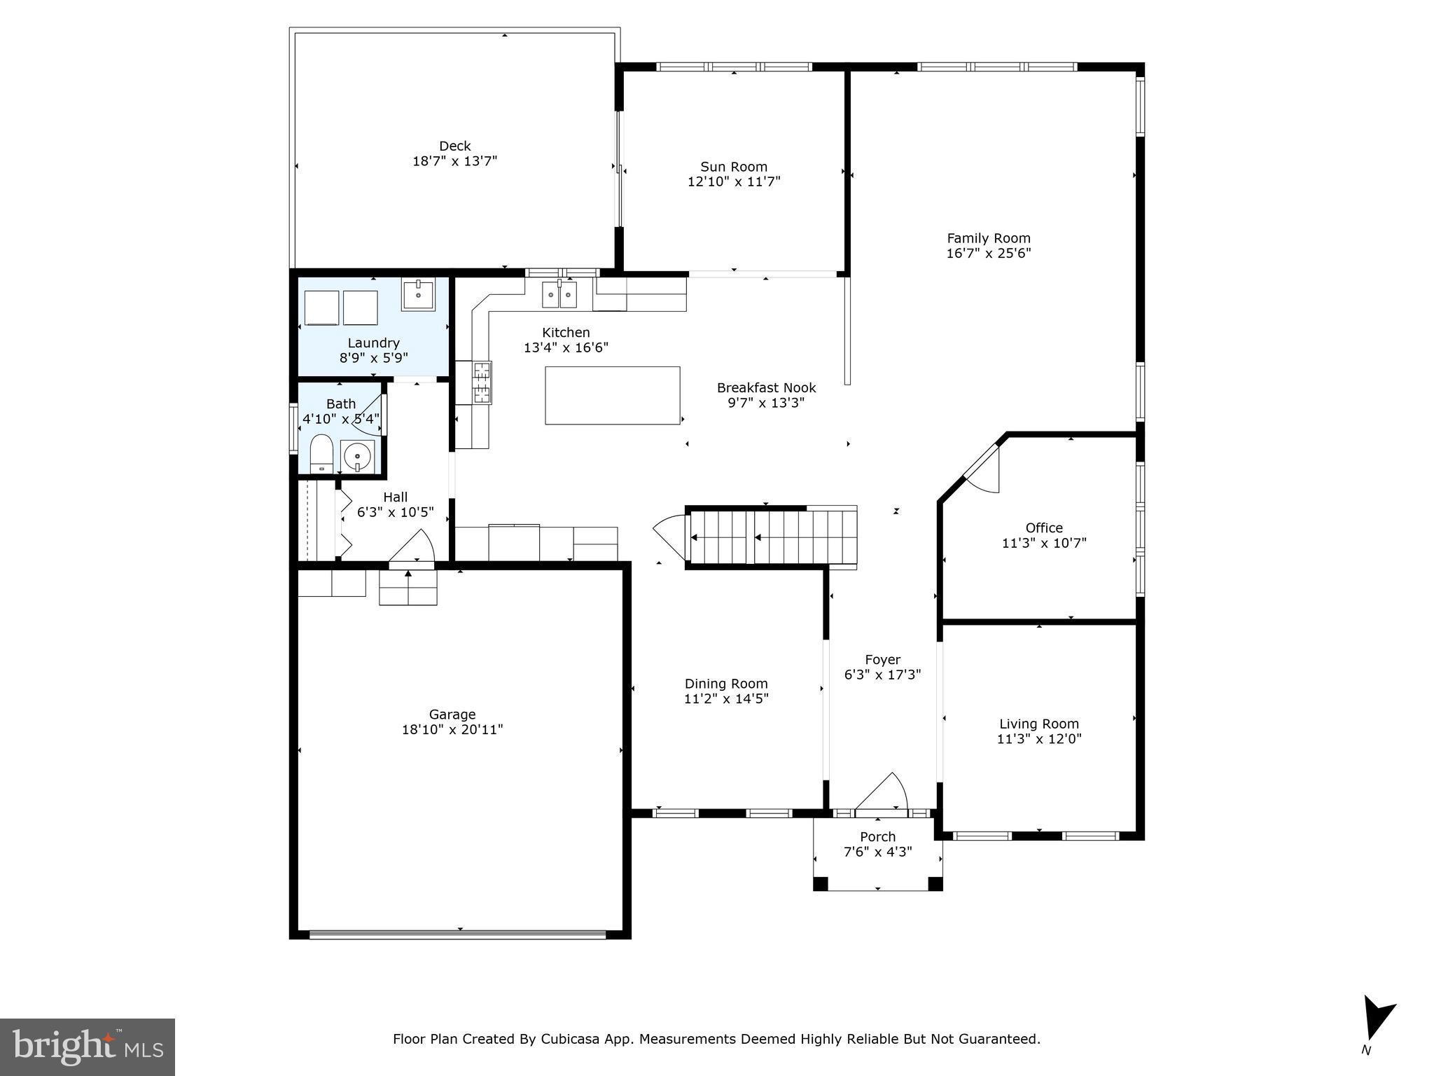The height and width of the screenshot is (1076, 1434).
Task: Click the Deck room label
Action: tap(454, 146)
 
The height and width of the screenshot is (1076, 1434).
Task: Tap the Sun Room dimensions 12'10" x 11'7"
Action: tap(734, 182)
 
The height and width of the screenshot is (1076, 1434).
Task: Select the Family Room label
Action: tap(989, 238)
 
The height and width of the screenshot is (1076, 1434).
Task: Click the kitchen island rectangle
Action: tap(613, 395)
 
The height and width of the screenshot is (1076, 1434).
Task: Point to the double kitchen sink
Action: tap(559, 295)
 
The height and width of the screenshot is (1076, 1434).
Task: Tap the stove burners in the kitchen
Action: tap(482, 382)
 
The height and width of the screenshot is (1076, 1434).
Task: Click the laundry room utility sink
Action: tap(418, 294)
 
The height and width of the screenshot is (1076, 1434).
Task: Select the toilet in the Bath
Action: tap(321, 453)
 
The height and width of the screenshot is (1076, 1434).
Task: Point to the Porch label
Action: tap(877, 836)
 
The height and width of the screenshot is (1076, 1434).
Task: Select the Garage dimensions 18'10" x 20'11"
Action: tap(452, 730)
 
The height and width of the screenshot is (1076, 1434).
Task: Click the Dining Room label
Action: tap(726, 684)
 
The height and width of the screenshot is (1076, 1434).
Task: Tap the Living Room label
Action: tap(1039, 724)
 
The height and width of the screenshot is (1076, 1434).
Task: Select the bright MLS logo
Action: tap(88, 1047)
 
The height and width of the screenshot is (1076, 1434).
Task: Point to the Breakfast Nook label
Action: tap(766, 387)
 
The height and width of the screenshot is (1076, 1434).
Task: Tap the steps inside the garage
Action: tap(408, 587)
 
